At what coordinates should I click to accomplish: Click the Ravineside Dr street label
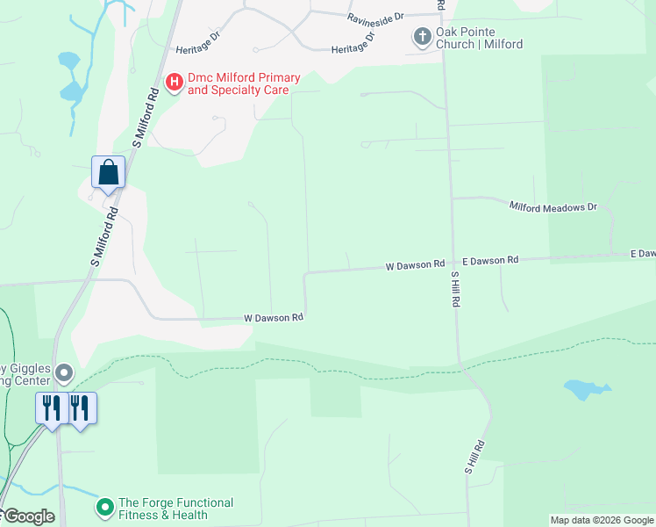pos(374,17)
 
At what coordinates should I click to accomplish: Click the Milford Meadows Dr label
pos(553,206)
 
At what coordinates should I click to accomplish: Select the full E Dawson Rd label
pos(490,261)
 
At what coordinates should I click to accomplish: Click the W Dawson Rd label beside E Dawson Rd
pos(415,264)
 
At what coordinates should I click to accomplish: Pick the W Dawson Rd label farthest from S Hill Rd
pos(274,317)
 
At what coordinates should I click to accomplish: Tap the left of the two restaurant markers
pos(51,408)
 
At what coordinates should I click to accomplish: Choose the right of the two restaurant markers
pos(80,408)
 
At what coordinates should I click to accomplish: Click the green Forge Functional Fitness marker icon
pos(105,508)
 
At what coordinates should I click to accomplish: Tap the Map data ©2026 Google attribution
pos(602,520)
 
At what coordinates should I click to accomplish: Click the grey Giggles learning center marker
pos(63,374)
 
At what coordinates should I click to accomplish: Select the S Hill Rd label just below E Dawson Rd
pos(456,289)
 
